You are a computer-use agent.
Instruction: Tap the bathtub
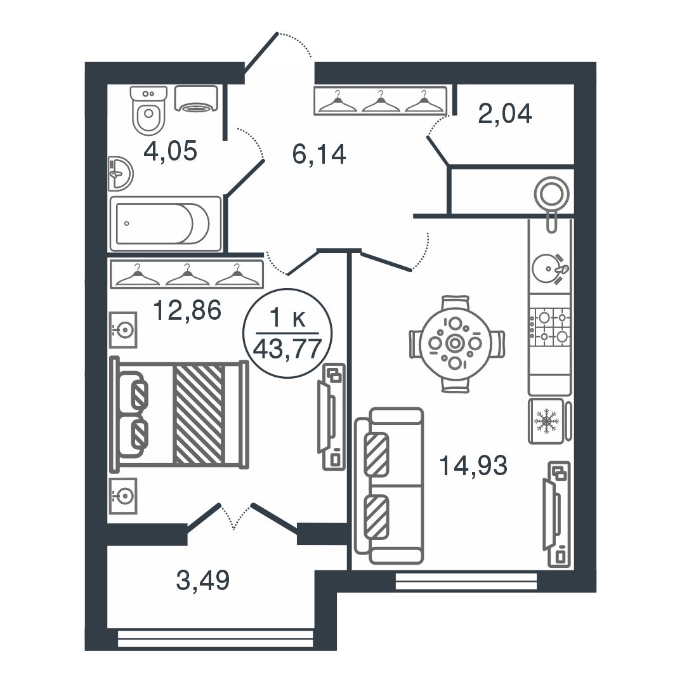(166, 223)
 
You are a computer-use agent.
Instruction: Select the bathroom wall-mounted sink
(120, 174)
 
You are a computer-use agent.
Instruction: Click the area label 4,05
(170, 151)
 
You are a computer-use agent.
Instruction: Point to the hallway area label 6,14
(319, 154)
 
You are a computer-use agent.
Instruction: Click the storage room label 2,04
(504, 114)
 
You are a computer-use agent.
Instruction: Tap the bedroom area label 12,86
(187, 310)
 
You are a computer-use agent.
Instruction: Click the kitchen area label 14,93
(473, 466)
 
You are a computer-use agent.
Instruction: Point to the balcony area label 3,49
(202, 580)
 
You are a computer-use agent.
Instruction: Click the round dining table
(455, 344)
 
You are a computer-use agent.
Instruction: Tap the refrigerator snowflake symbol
(547, 421)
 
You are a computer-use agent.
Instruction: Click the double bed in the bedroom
(179, 413)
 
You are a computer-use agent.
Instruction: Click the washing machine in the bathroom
(196, 98)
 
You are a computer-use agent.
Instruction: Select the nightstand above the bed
(123, 329)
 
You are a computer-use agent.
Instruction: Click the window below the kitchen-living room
(466, 582)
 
